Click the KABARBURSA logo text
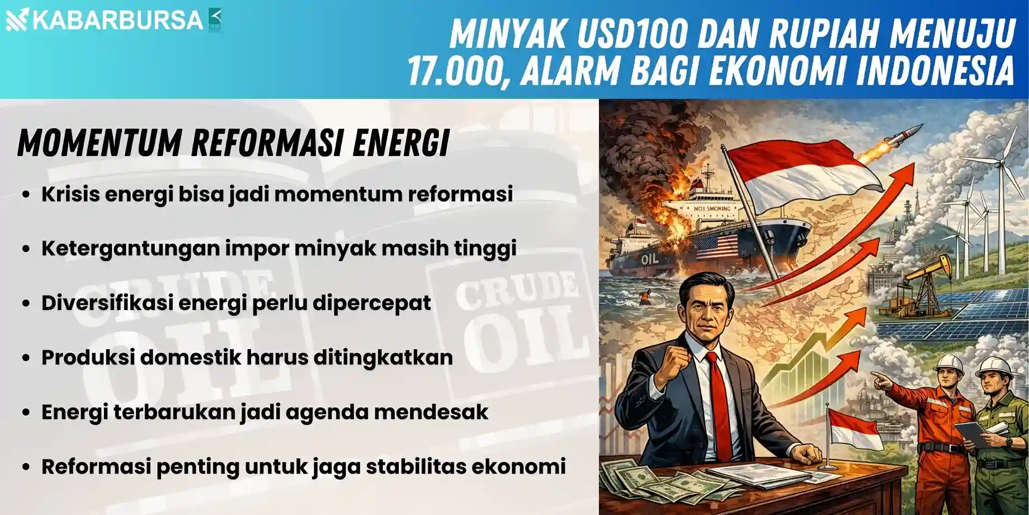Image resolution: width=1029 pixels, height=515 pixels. coord(117,20)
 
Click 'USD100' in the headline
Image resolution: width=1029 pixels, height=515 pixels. coord(631,34)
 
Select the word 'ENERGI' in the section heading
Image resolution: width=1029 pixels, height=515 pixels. coord(401,143)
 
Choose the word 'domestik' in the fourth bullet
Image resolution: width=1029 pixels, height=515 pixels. coord(190,357)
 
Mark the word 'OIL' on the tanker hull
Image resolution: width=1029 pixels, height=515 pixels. coord(649,259)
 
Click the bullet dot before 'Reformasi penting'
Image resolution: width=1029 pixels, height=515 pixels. coord(26,467)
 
